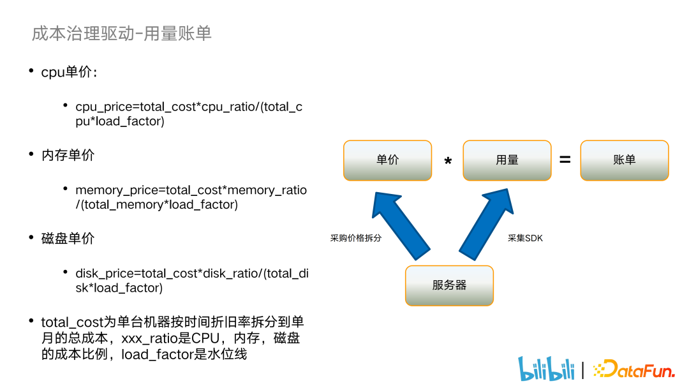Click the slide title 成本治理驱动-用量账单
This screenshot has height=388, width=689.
[x=121, y=34]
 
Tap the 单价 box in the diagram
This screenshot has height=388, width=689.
[x=387, y=160]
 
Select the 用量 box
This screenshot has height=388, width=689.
[x=507, y=160]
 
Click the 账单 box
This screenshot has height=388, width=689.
[x=624, y=160]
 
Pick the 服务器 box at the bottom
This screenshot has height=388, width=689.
[x=449, y=285]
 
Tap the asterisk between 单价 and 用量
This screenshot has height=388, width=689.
[x=448, y=163]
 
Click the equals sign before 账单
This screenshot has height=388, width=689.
[x=565, y=160]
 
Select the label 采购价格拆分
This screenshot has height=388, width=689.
[x=355, y=238]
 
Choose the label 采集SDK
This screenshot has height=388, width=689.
[x=525, y=238]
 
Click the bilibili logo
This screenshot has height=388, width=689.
[x=546, y=368]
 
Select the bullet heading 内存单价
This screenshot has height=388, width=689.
[x=68, y=155]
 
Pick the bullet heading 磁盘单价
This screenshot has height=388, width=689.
[x=68, y=238]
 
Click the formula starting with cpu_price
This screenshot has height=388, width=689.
[x=189, y=114]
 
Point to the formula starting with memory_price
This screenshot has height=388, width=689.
[x=191, y=197]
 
